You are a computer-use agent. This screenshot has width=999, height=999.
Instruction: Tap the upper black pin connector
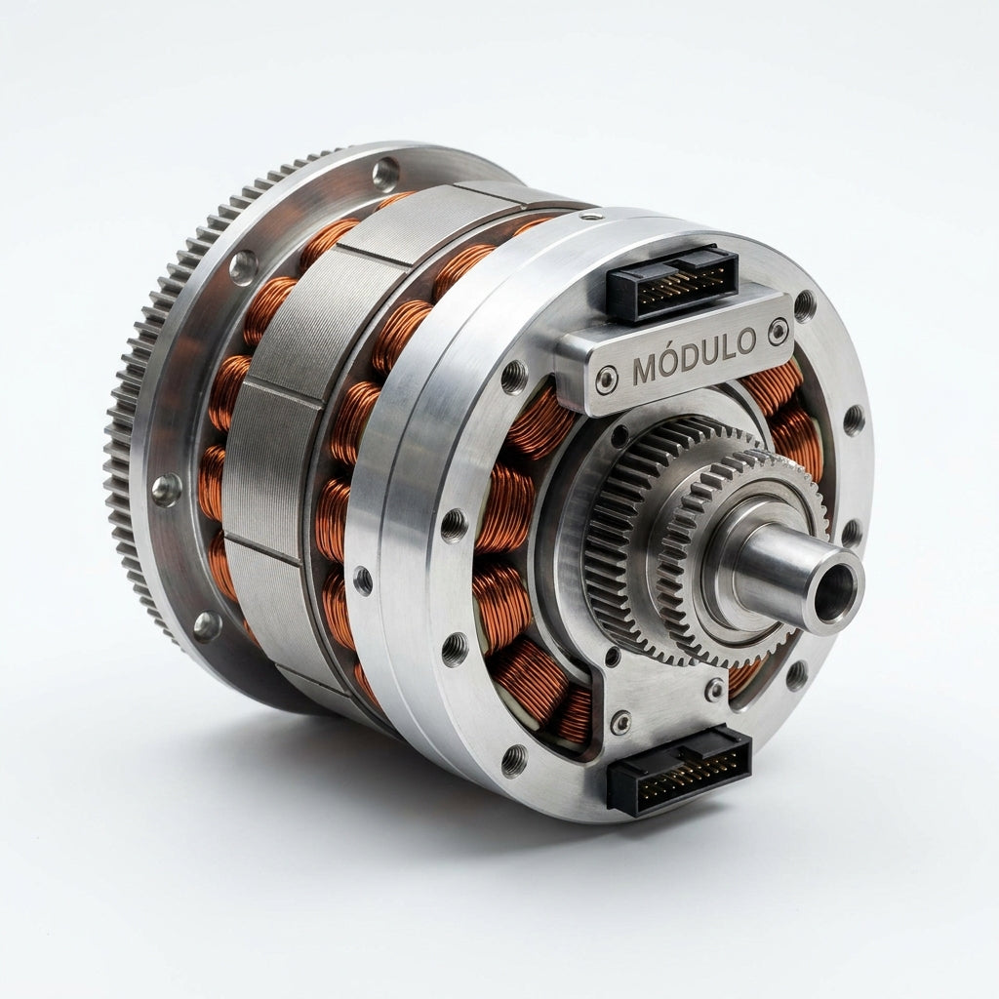tap(671, 281)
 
